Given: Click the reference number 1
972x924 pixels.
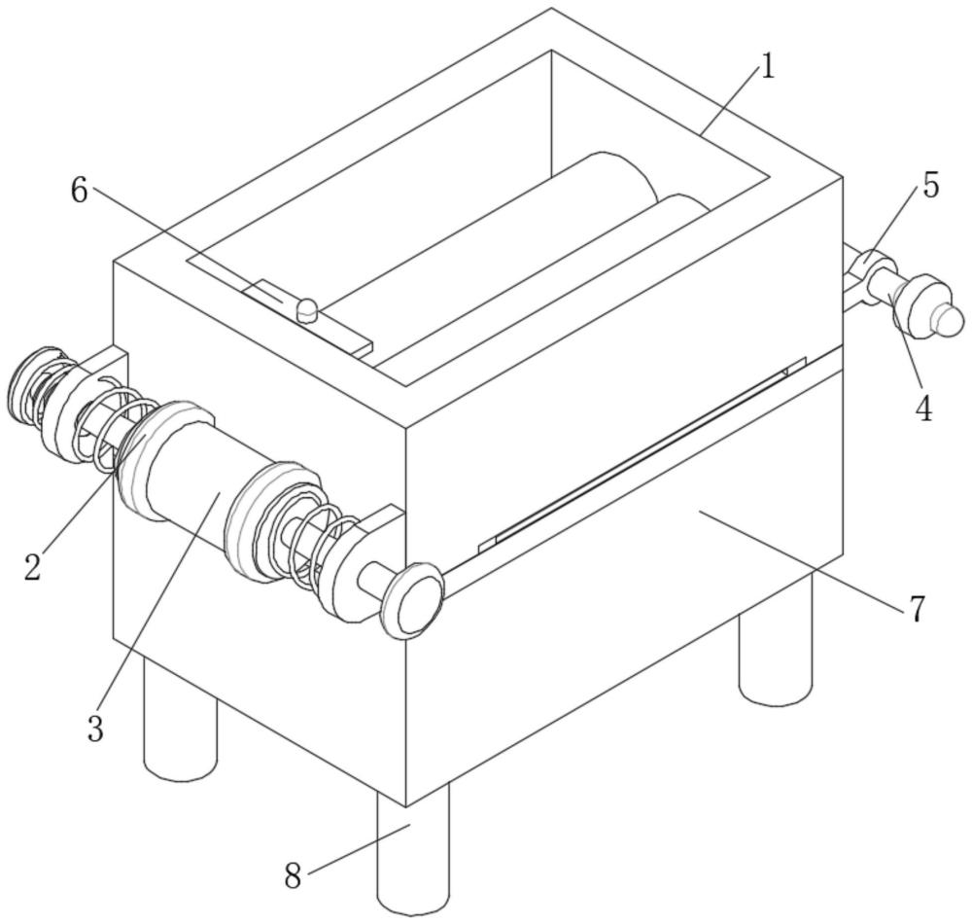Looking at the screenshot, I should tap(768, 68).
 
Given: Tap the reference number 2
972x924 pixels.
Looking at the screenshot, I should tap(33, 567).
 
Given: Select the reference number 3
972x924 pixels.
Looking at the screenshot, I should tap(94, 729).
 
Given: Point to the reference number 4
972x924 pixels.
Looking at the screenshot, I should tap(923, 409).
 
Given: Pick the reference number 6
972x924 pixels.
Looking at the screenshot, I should tap(79, 192).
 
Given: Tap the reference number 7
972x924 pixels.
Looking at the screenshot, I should tap(918, 609).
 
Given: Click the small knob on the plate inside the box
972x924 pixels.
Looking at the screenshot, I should tap(307, 309).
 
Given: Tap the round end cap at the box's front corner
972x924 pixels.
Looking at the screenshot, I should tap(413, 602).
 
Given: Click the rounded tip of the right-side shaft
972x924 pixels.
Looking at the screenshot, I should tap(949, 318).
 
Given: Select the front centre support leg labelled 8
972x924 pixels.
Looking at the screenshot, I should tap(413, 851).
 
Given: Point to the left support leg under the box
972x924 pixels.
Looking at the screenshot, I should tap(179, 725).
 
